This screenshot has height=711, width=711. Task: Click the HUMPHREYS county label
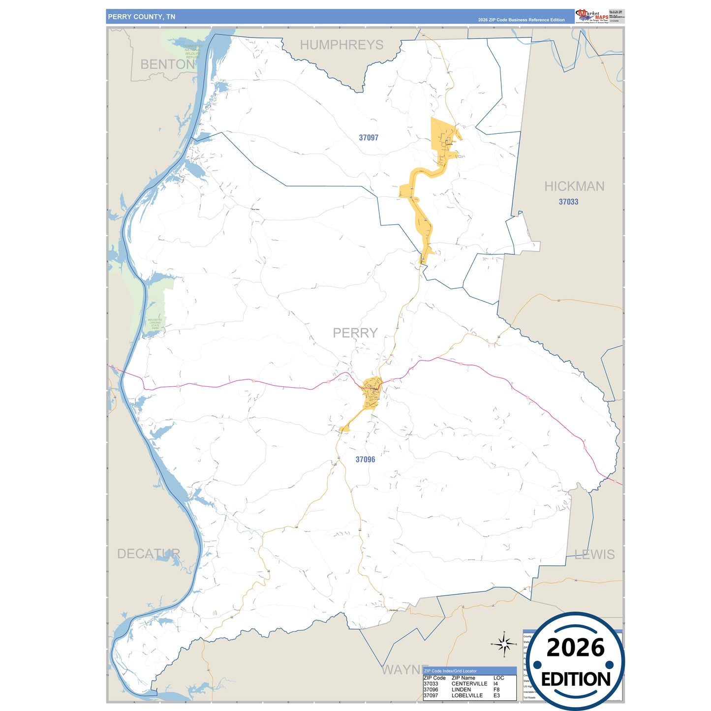click(x=341, y=45)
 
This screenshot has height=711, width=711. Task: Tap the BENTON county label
click(x=168, y=64)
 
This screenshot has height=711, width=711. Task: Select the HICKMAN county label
click(x=574, y=186)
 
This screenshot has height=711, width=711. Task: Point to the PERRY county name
click(x=355, y=333)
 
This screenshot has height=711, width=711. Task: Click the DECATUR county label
click(x=149, y=554)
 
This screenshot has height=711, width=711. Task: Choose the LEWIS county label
click(x=595, y=555)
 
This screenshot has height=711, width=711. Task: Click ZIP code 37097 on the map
click(x=369, y=138)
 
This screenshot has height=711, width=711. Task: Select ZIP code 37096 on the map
click(x=365, y=460)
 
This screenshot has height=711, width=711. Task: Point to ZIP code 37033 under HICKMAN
click(x=568, y=202)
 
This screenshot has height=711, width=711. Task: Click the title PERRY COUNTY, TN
click(x=142, y=17)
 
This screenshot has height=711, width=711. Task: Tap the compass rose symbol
click(x=504, y=644)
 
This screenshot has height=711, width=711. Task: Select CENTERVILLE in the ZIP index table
click(x=469, y=683)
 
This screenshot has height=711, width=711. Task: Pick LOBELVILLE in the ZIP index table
click(x=467, y=695)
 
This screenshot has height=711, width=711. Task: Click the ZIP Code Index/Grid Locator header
click(x=450, y=671)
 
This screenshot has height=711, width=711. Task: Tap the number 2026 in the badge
click(x=575, y=648)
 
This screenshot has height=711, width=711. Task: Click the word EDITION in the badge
click(x=576, y=679)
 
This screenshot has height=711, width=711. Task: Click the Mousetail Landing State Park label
click(x=155, y=324)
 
